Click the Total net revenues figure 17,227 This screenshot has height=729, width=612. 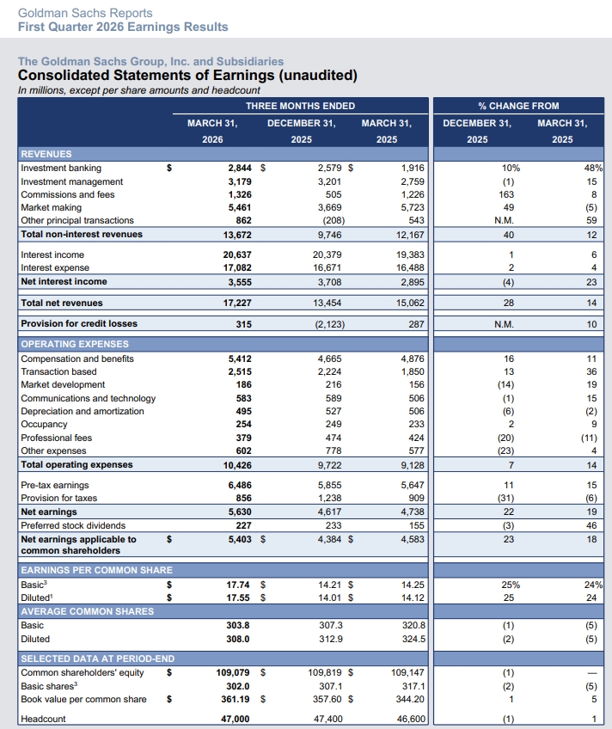(235, 303)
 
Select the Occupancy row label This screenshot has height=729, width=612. (44, 425)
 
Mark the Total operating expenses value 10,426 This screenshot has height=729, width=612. (235, 465)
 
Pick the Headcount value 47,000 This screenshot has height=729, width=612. (235, 719)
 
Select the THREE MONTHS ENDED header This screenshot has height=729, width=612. (300, 106)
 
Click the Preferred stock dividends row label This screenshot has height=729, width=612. (73, 525)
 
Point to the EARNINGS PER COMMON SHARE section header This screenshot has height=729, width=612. (96, 570)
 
